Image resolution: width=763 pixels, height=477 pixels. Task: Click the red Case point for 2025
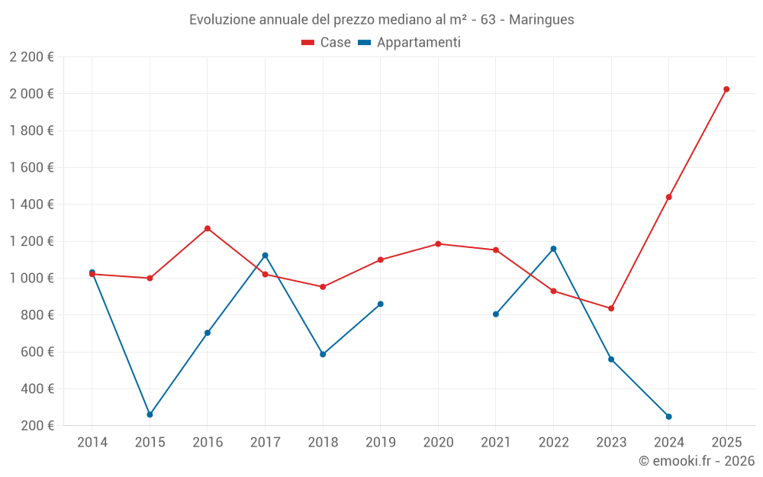pos(726,89)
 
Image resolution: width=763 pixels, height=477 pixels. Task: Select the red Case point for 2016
pos(208,228)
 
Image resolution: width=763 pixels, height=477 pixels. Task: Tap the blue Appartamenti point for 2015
pos(150,414)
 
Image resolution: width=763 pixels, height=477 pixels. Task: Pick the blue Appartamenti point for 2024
pos(668,417)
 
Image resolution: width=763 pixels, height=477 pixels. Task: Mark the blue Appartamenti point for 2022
pos(553,249)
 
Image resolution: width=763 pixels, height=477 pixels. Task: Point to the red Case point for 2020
pos(438,244)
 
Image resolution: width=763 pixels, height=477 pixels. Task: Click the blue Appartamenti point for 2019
pos(381,304)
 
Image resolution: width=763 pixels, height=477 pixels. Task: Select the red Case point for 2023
pos(611,308)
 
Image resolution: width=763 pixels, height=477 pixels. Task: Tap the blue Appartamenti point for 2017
pos(265,255)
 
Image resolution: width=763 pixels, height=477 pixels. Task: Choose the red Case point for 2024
pos(668,197)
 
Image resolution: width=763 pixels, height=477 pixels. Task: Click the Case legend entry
pos(327,43)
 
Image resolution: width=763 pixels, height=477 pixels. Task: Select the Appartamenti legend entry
pos(410,43)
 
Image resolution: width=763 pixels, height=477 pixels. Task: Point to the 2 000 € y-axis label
pos(31,94)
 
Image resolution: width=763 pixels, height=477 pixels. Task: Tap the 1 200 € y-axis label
pos(31,241)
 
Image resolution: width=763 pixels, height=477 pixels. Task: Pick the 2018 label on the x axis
pos(323,442)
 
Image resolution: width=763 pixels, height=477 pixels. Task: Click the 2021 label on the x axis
pos(496,442)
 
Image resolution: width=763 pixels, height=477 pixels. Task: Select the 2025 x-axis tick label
pos(726,442)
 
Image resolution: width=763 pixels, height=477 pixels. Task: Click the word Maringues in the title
pos(541,20)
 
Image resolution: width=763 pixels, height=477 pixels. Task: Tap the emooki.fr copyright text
pos(697,461)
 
